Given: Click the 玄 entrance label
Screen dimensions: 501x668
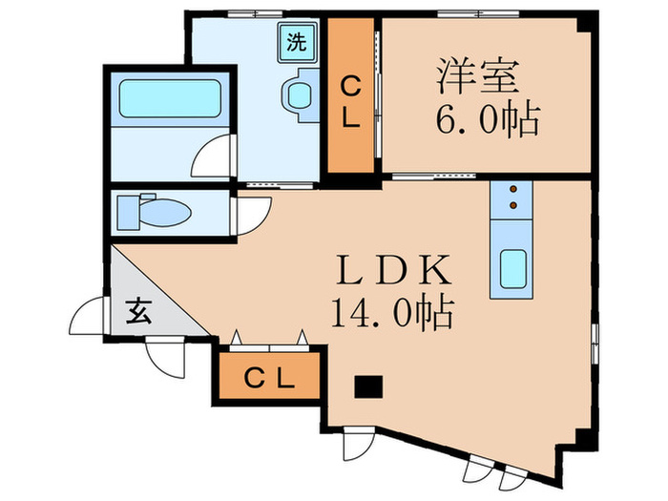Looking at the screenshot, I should point(139,310).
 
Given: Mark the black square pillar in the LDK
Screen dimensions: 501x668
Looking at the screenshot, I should point(367,387).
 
